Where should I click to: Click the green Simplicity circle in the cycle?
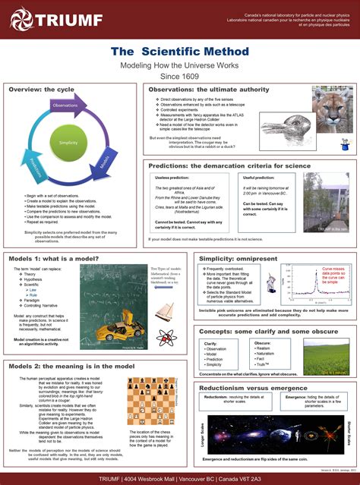point(68,142)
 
